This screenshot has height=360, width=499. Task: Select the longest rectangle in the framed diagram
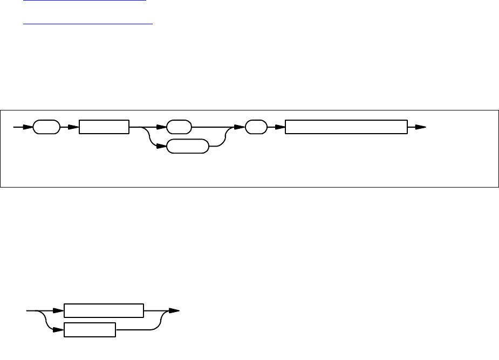click(346, 127)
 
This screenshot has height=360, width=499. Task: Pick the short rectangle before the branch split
click(104, 127)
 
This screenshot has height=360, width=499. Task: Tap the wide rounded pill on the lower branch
click(187, 146)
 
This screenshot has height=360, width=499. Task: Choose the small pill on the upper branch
click(179, 127)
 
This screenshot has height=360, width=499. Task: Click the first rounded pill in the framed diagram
click(46, 127)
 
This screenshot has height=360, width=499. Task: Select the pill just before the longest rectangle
click(256, 127)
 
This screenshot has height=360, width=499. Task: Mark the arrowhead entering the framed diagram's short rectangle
click(74, 127)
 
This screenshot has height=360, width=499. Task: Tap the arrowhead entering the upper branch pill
click(161, 127)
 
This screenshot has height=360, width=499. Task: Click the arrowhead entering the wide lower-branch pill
click(161, 146)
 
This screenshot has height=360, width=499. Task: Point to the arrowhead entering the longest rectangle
click(279, 127)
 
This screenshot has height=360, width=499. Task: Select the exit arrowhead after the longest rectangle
click(420, 127)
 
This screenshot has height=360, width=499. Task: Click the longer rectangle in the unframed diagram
click(104, 311)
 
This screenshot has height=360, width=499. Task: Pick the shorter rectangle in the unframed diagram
click(90, 330)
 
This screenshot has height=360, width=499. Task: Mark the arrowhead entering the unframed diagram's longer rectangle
click(59, 311)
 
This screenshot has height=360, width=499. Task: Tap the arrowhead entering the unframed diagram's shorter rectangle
click(59, 330)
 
